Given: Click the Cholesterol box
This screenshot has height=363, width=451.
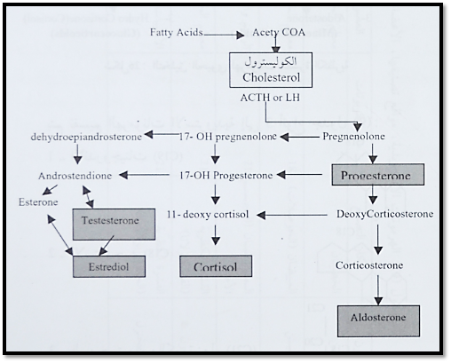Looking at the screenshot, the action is [271, 70].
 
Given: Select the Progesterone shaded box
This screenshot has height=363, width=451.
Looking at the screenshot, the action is [378, 175].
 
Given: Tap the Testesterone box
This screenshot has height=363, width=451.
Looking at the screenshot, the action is [114, 224].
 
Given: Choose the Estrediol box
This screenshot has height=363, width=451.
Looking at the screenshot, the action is [109, 266].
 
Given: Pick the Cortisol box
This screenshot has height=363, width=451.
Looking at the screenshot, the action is [216, 266].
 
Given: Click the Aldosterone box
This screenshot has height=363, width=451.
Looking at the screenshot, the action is [378, 321].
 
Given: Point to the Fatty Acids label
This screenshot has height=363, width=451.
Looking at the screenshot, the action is [177, 32].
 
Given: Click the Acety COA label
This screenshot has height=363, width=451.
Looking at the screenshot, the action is [279, 32].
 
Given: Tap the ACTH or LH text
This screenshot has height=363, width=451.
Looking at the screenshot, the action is [270, 98].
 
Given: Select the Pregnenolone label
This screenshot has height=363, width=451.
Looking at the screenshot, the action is [353, 137].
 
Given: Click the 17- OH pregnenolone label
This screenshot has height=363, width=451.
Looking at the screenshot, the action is [228, 137].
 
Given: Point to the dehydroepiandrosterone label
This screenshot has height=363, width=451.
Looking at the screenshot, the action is [86, 137].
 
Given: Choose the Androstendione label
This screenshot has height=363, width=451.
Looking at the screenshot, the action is [75, 176].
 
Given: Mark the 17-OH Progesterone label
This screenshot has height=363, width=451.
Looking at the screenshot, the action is [226, 175].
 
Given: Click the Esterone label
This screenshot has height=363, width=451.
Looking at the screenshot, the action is [38, 202].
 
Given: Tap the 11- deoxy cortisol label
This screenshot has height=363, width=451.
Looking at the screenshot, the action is [208, 214].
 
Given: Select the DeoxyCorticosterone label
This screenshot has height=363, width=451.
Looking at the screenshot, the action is [384, 214].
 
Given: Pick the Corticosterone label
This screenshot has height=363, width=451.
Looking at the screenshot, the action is [369, 265].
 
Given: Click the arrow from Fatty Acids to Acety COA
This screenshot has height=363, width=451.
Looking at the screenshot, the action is [224, 36].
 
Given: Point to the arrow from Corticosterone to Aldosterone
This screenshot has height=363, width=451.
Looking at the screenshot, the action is [378, 289].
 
